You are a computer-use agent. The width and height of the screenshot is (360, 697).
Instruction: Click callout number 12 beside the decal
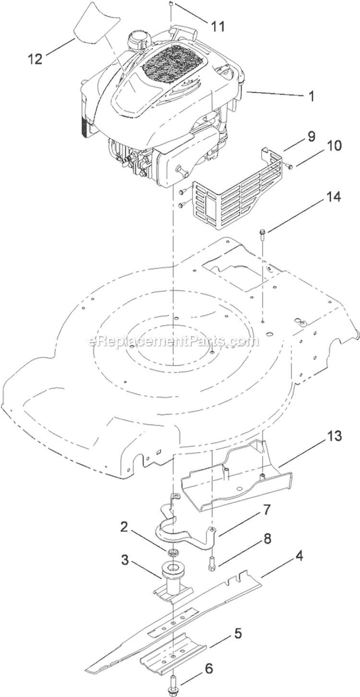pyautogui.click(x=35, y=59)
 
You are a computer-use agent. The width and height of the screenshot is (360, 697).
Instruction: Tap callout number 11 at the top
pyautogui.click(x=218, y=26)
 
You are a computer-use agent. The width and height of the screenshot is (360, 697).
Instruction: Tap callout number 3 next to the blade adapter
pyautogui.click(x=124, y=560)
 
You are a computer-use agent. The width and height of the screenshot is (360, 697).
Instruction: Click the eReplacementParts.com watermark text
pyautogui.click(x=173, y=341)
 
